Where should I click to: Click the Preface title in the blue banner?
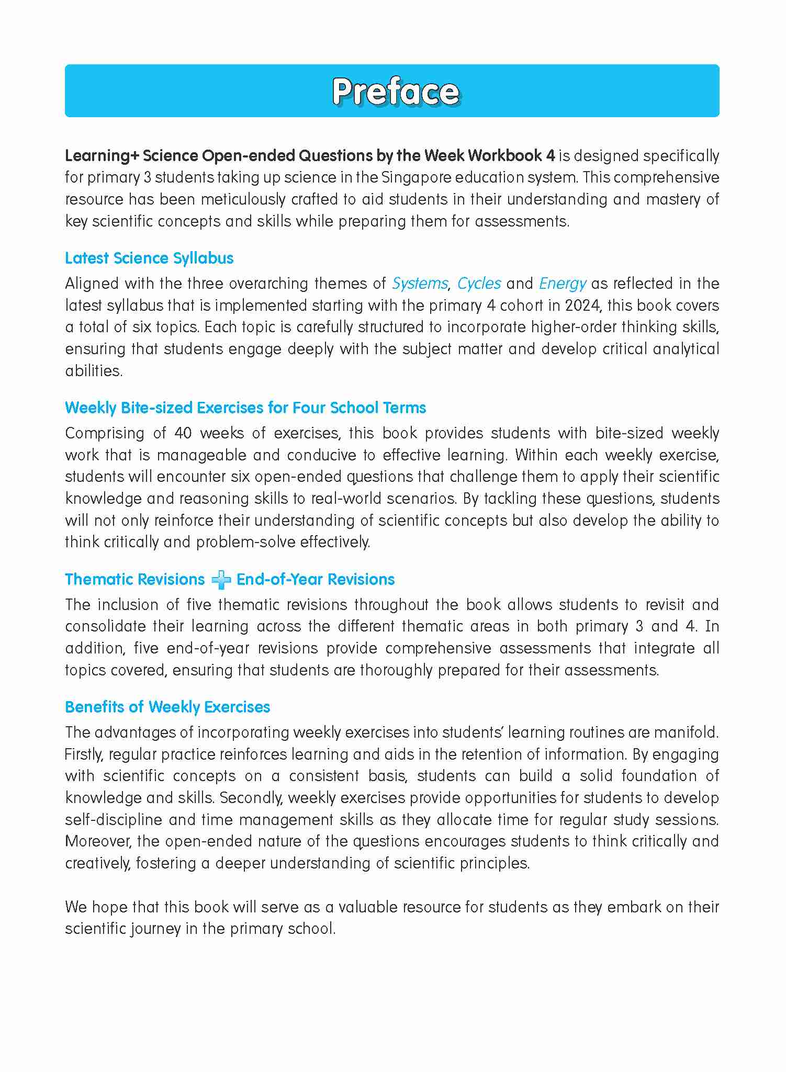[395, 92]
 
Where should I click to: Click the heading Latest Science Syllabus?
[149, 258]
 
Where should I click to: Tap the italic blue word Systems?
[420, 284]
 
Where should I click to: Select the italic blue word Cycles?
[479, 284]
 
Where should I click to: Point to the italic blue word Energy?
[563, 284]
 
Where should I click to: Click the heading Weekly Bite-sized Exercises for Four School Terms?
[245, 408]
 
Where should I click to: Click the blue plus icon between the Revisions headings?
[220, 580]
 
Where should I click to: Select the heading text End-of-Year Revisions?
[316, 579]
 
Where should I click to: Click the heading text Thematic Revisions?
[134, 579]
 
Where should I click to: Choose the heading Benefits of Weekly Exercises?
[167, 707]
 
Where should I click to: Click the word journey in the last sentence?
[152, 929]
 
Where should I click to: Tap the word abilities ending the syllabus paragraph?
[93, 370]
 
